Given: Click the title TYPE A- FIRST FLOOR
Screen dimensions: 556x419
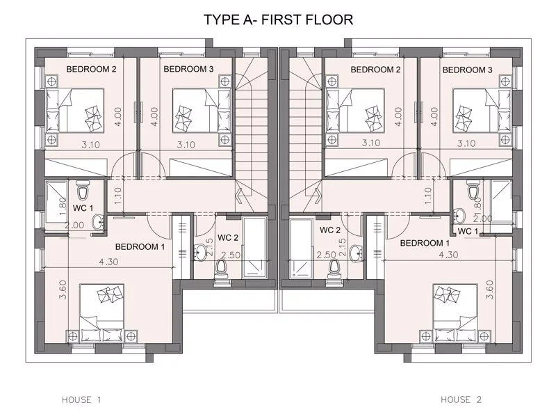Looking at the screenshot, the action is click(x=279, y=19).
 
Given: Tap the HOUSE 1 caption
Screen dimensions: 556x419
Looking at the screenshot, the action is click(x=81, y=400).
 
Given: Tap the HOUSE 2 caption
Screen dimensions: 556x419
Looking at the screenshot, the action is click(x=461, y=400).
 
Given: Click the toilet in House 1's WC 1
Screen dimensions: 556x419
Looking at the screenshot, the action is click(x=83, y=190).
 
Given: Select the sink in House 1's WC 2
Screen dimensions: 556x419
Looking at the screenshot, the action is click(x=200, y=252).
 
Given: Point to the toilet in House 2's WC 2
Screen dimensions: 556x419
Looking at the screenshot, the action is click(x=333, y=269).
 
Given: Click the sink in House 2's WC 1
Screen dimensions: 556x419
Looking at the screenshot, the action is click(x=459, y=215).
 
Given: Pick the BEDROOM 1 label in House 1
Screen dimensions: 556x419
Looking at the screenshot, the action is click(x=140, y=246).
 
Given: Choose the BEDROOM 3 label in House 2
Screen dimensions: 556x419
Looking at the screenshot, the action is click(x=467, y=70).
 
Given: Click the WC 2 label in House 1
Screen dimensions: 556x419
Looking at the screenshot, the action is click(x=228, y=237).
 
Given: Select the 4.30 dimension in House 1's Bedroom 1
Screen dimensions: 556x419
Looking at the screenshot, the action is click(x=108, y=262).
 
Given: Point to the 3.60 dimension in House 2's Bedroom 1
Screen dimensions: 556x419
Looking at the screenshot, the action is click(x=490, y=290).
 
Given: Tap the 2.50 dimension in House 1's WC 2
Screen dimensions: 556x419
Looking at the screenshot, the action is click(x=231, y=255).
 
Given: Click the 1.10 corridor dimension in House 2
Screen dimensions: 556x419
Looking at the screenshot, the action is click(x=428, y=196).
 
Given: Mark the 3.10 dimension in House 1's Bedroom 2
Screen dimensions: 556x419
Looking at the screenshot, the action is click(x=91, y=145).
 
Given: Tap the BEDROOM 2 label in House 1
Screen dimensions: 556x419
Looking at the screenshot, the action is click(x=91, y=69).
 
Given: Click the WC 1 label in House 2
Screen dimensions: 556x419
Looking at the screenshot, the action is click(x=468, y=232).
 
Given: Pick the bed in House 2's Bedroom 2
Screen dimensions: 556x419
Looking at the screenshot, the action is click(x=355, y=111).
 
